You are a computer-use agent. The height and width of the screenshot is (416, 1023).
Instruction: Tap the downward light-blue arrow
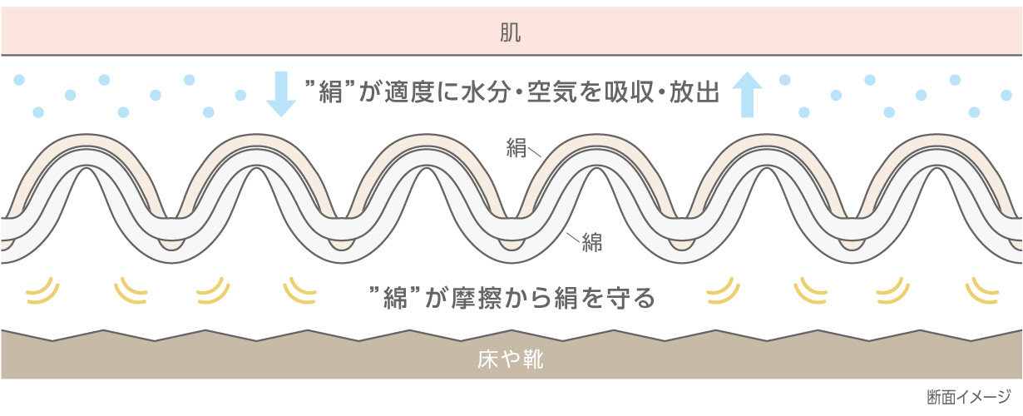point(281,94)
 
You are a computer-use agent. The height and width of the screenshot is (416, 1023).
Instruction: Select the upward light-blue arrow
point(747,94)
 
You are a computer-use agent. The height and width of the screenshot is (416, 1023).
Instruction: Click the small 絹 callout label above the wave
point(516,148)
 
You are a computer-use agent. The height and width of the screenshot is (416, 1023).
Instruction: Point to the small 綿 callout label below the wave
point(592,242)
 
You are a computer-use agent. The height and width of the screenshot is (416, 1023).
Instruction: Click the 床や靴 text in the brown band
point(511,359)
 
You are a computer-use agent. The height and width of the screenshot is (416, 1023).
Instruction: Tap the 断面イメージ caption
point(969,397)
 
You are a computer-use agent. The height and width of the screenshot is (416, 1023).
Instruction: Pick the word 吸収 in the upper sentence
point(629,92)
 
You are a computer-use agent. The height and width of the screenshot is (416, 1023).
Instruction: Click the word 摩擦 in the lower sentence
point(477,298)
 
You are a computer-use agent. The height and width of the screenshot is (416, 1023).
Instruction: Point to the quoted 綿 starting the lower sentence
point(395,297)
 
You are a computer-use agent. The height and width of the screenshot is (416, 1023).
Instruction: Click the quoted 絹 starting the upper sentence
point(329,92)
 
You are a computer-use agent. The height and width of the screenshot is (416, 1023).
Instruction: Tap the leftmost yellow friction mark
point(42,292)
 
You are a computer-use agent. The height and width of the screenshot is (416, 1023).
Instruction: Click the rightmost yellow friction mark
point(981,292)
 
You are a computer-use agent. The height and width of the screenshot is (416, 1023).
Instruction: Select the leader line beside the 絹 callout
point(534,152)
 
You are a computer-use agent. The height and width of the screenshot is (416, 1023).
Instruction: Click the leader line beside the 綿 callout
point(573,237)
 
